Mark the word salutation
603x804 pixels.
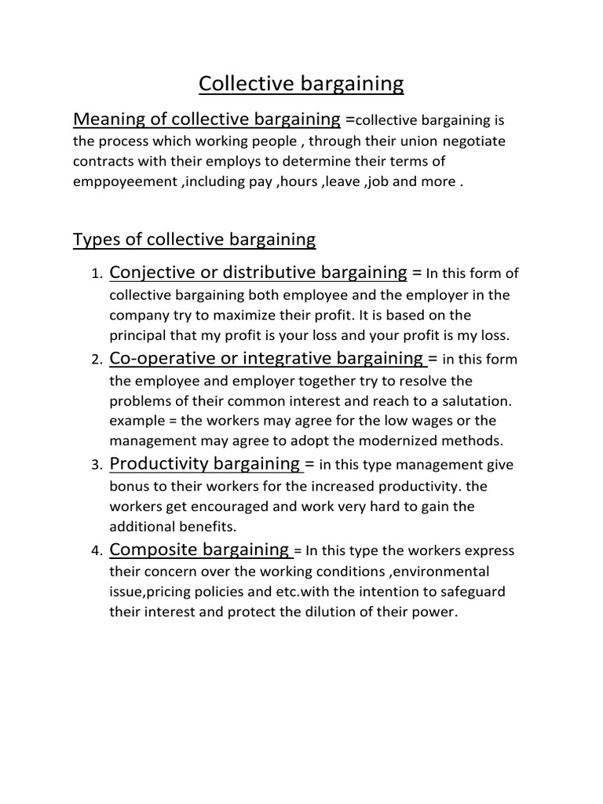(473, 400)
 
